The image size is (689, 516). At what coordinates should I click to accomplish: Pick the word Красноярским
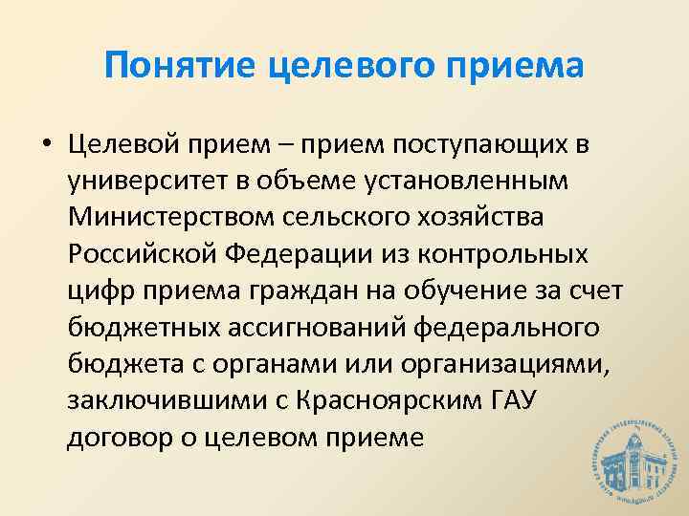[358, 400]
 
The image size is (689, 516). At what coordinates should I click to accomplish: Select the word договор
[109, 437]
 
